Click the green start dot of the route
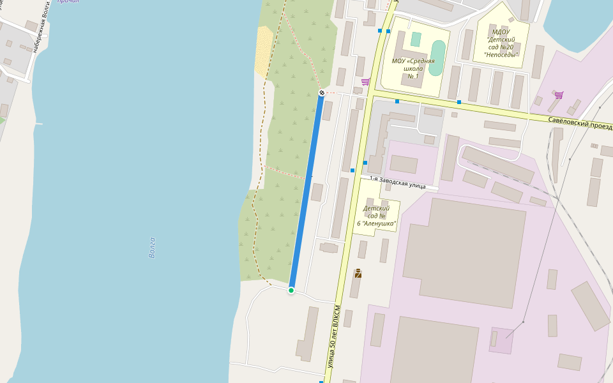[x=291, y=290]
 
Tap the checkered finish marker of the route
[x=322, y=93]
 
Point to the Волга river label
[x=152, y=247]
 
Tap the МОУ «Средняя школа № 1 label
[x=413, y=68]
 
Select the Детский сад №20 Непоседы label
[x=501, y=43]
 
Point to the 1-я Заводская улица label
[x=397, y=182]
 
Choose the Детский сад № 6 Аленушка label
[x=379, y=216]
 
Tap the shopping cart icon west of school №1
[x=365, y=82]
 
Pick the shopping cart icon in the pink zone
[x=559, y=95]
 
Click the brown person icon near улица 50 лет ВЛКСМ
[x=358, y=273]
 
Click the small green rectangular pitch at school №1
[x=416, y=39]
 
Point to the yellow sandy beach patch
[x=264, y=52]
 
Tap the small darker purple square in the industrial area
[x=501, y=340]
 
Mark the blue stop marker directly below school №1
[x=397, y=101]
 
